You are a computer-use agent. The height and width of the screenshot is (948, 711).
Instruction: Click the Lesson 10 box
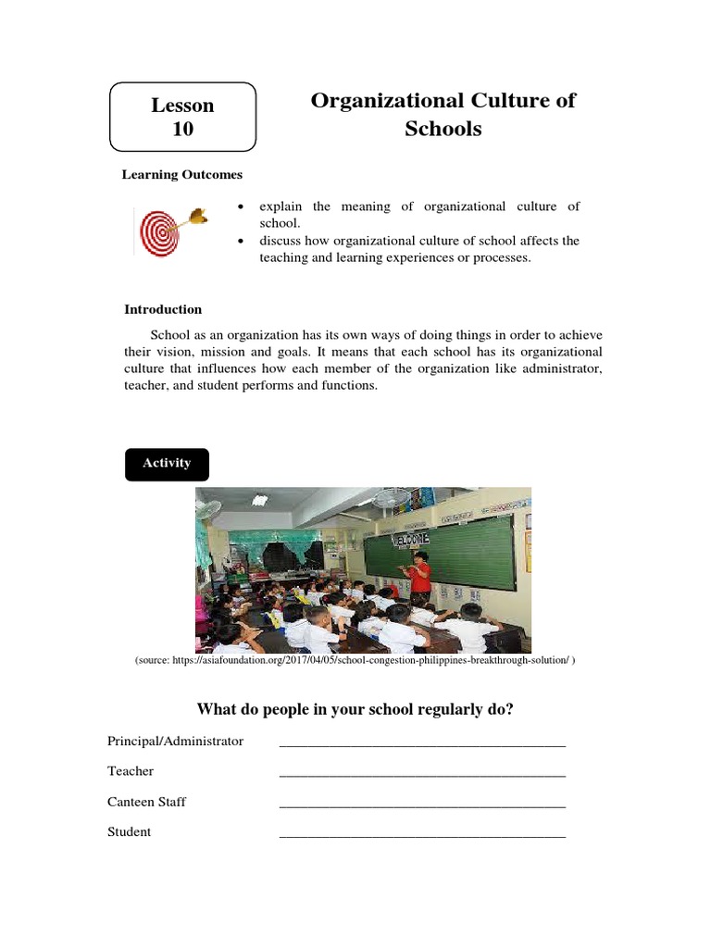(182, 118)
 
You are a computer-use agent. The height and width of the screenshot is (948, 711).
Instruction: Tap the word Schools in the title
(443, 129)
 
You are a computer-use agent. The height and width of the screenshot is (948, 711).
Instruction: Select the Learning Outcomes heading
(182, 174)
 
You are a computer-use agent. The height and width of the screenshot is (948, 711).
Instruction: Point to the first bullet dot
(241, 206)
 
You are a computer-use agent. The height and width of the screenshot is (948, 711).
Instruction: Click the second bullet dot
(241, 241)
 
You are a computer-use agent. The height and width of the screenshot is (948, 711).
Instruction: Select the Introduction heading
(163, 309)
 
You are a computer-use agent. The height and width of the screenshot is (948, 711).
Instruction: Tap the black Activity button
(167, 464)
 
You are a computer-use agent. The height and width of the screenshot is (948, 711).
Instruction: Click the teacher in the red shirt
(421, 573)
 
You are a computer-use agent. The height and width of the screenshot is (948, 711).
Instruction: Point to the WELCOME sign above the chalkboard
(410, 538)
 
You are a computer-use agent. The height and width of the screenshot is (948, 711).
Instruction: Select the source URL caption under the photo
(355, 660)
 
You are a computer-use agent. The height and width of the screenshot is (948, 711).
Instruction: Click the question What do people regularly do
(355, 709)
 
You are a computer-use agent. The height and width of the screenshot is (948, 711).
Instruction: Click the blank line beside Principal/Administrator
(421, 743)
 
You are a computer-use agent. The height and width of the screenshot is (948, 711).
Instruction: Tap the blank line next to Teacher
(421, 774)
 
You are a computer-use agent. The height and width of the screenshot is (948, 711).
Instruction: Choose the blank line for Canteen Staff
(421, 805)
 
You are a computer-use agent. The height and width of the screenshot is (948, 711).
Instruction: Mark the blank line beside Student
(421, 835)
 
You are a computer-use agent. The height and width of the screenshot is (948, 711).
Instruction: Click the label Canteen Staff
(146, 802)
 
